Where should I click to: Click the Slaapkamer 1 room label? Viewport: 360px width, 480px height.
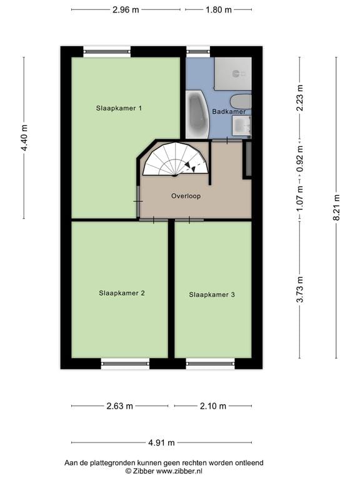point(119,108)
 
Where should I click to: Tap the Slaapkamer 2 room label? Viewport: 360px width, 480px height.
point(122,293)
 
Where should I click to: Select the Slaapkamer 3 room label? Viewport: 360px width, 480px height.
point(212,294)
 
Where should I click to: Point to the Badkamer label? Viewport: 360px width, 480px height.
point(229,111)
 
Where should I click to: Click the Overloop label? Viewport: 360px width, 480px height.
point(186,196)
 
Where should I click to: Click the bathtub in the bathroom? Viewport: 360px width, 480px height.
point(197,114)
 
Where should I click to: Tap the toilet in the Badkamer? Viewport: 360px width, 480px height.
point(241,101)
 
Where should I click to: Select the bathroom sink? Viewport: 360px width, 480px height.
point(242,126)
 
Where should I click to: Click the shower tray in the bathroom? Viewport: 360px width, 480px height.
point(233,73)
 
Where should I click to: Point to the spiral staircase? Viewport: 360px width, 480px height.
point(176,159)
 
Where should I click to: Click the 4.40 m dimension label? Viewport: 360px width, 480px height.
point(24,137)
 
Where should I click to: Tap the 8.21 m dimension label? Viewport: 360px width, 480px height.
point(336,207)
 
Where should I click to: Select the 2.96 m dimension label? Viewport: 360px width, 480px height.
point(126,10)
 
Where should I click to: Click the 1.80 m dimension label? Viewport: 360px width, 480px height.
point(219,10)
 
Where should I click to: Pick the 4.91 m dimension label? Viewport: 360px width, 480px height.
point(161,442)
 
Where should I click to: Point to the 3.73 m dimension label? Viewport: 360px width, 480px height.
point(300,289)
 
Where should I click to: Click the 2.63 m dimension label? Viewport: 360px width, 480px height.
point(120,406)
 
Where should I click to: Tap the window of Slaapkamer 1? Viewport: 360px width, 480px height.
point(107,52)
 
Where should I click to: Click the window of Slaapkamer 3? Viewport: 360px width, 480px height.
point(210,364)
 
